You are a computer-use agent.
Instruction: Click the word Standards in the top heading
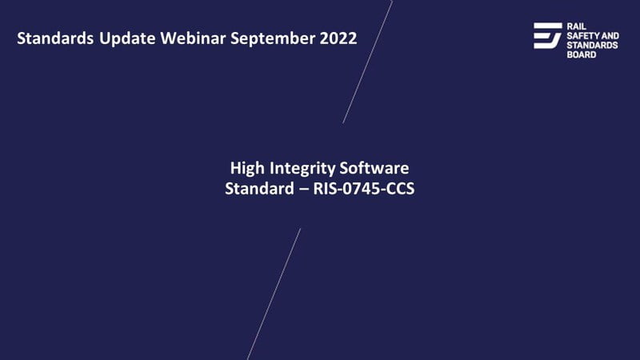[55, 38]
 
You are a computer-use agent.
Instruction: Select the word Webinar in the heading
[193, 38]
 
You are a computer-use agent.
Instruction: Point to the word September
[273, 39]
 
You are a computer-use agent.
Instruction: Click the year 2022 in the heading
[338, 38]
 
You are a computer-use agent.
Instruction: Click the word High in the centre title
[247, 169]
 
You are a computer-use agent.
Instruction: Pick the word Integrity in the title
[302, 169]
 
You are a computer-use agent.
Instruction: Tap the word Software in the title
[374, 168]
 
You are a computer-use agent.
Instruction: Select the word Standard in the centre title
[259, 189]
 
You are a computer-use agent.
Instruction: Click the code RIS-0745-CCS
[364, 189]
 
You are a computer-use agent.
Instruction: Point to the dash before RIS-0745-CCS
[304, 190]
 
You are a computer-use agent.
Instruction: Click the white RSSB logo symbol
[548, 35]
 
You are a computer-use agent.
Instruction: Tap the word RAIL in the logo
[576, 26]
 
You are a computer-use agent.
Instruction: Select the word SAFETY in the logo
[579, 36]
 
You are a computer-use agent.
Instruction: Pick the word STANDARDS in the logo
[592, 46]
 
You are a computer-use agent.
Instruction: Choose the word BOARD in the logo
[582, 54]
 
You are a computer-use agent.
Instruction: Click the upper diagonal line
[367, 62]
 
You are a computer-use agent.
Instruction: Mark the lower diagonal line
[274, 294]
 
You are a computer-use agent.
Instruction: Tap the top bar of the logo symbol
[548, 26]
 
